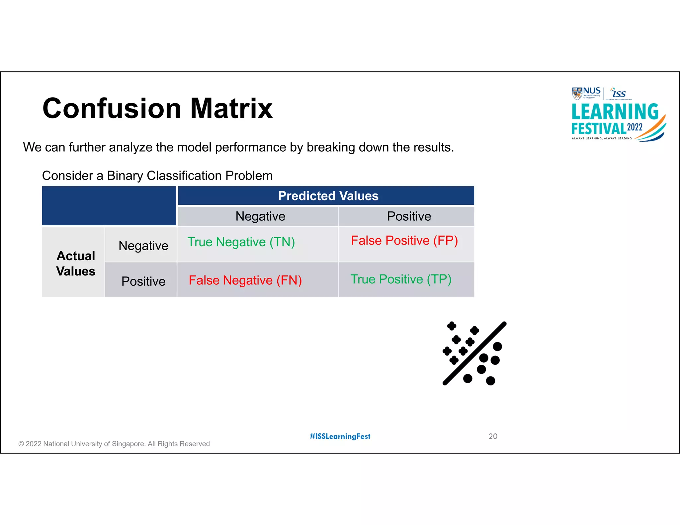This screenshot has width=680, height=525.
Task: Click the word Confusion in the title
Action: coord(112,109)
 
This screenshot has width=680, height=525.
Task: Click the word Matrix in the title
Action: coord(231,109)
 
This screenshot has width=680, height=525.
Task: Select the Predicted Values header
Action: coord(328,196)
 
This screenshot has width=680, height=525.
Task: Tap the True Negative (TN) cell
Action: coord(241,242)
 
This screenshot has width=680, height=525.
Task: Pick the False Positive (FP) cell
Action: coord(404,241)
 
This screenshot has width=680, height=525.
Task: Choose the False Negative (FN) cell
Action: coord(245,280)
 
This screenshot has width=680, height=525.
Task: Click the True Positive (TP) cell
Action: coord(401,279)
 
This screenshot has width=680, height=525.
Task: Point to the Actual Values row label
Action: coord(76,263)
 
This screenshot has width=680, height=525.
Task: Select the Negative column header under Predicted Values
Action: coord(260,216)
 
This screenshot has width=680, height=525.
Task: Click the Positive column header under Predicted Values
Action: coord(409,216)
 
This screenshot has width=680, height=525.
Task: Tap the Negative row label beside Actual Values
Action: coord(143,246)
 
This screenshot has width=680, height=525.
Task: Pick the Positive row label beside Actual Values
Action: coord(143,281)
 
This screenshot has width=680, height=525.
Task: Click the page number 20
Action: coord(493,436)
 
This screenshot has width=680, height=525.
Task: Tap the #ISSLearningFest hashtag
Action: coord(340,436)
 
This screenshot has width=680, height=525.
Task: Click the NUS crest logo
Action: coord(577,93)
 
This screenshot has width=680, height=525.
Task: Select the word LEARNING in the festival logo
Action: coord(615,112)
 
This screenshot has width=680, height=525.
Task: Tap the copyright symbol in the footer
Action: coord(21,444)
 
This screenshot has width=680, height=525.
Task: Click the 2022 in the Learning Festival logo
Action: coord(635,127)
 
